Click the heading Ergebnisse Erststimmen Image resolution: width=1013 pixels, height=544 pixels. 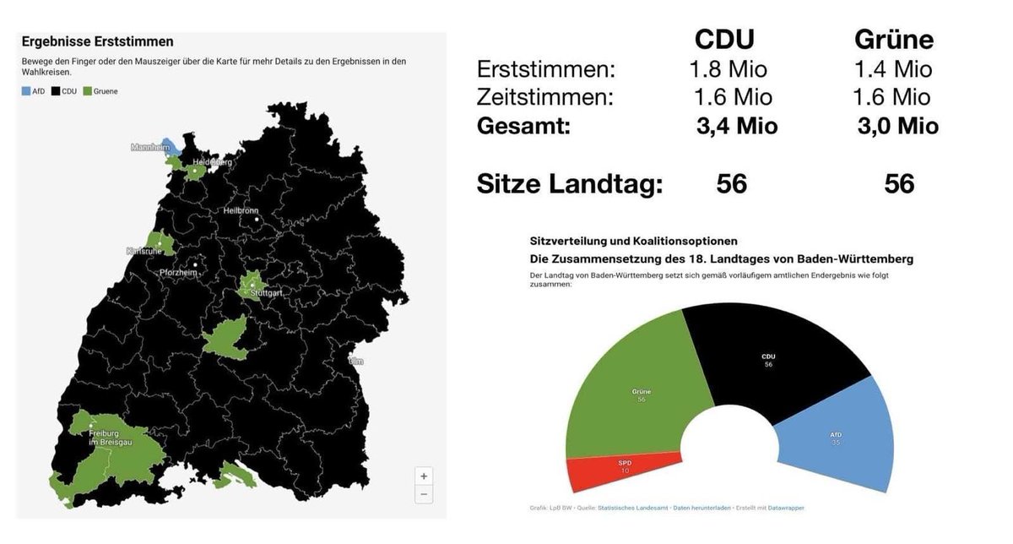(x=97, y=41)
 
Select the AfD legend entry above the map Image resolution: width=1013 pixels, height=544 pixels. (x=34, y=91)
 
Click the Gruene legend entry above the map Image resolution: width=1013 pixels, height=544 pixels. (x=100, y=91)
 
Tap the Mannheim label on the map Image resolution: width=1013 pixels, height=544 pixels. (x=150, y=147)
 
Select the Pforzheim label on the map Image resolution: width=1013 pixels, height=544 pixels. (x=178, y=272)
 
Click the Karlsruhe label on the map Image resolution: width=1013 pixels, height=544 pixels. (x=144, y=251)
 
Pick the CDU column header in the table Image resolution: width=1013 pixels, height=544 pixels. (x=723, y=40)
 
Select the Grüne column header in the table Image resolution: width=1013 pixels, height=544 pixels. (x=894, y=40)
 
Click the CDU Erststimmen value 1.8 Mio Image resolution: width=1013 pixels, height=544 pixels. (x=729, y=69)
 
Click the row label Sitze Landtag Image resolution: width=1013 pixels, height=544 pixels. (x=569, y=183)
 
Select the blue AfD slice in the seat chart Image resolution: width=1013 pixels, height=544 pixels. (x=836, y=435)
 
